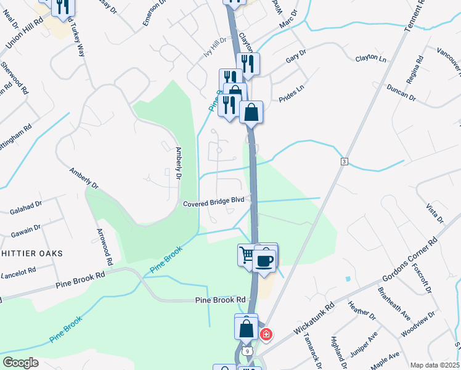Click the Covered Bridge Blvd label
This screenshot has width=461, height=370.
(214, 201)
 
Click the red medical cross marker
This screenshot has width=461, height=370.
(266, 335)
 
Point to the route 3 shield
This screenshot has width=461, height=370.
(344, 162)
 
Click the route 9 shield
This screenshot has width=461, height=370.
(247, 350)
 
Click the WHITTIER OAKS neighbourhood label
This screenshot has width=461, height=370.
(27, 253)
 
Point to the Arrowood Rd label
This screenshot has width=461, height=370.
(104, 247)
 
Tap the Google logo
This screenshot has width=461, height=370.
(20, 363)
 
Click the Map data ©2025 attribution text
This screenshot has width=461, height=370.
(434, 365)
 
